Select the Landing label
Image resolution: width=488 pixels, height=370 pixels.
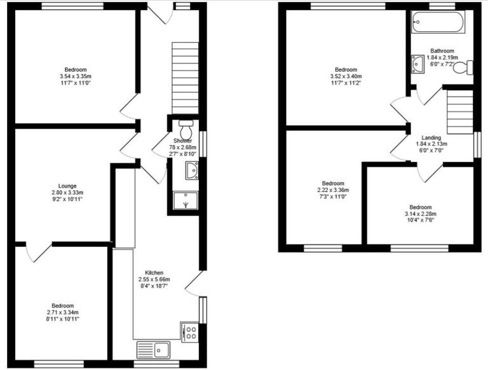coord(431,137)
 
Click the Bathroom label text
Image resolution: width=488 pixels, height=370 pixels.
coord(442,51)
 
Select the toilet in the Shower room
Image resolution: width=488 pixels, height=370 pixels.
coord(186,125)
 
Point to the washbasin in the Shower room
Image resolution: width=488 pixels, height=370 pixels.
coord(191,170)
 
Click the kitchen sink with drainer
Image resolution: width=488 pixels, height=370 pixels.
coord(152,349)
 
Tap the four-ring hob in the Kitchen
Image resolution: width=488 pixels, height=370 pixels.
coord(190,332)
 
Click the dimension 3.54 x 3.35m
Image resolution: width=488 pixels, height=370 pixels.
coord(75,76)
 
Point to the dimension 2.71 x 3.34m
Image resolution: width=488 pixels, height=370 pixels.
coord(62,312)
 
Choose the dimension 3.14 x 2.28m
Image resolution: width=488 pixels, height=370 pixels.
coord(421,214)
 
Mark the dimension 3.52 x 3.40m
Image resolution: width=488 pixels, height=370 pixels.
coord(346,76)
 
